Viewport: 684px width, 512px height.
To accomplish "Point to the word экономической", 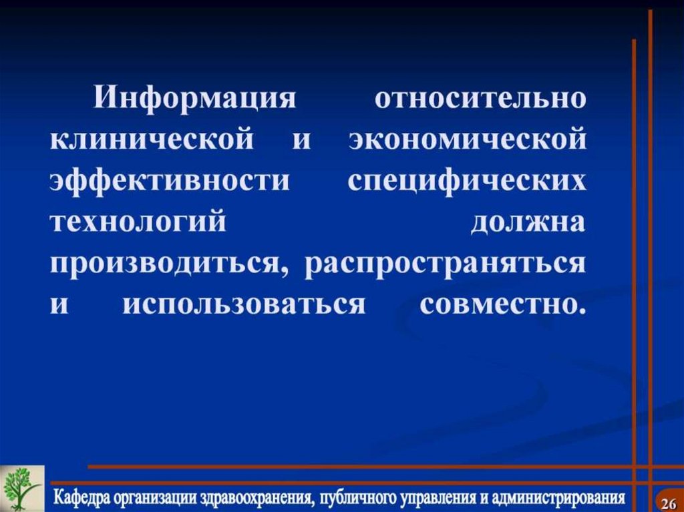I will tap(468, 141).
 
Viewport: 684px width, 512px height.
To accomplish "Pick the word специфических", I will tap(467, 182).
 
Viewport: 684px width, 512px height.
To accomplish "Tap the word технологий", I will tap(138, 223).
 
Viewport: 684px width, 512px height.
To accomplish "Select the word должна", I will tap(528, 223).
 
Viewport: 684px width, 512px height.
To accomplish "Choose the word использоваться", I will tap(244, 304).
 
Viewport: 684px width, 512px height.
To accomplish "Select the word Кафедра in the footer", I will tap(82, 498).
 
